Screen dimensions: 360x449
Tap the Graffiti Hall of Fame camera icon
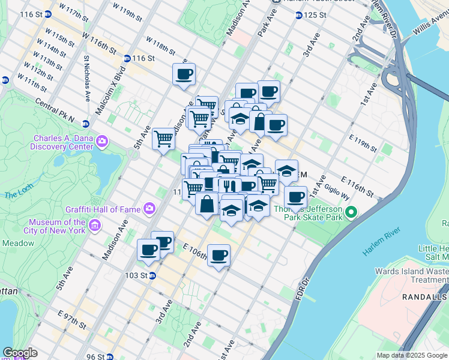click(149, 209)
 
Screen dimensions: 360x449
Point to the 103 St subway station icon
click(153, 275)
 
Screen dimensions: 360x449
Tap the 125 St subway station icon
click(298, 15)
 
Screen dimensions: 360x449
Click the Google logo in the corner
click(20, 353)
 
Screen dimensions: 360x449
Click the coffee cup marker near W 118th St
click(184, 74)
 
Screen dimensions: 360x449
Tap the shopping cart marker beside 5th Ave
click(163, 139)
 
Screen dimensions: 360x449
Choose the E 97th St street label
click(72, 320)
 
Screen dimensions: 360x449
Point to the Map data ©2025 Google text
click(411, 355)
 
